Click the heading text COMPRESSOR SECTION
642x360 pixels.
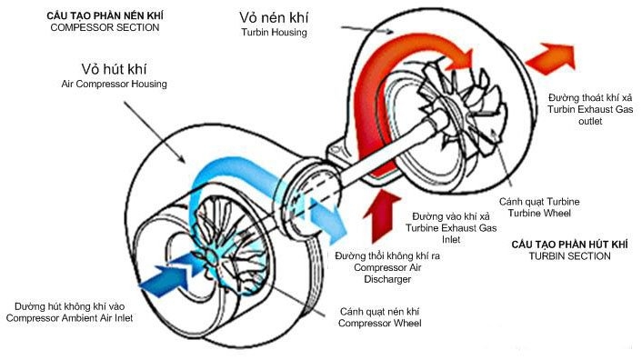pyautogui.click(x=105, y=27)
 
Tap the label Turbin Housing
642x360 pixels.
pyautogui.click(x=275, y=32)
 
